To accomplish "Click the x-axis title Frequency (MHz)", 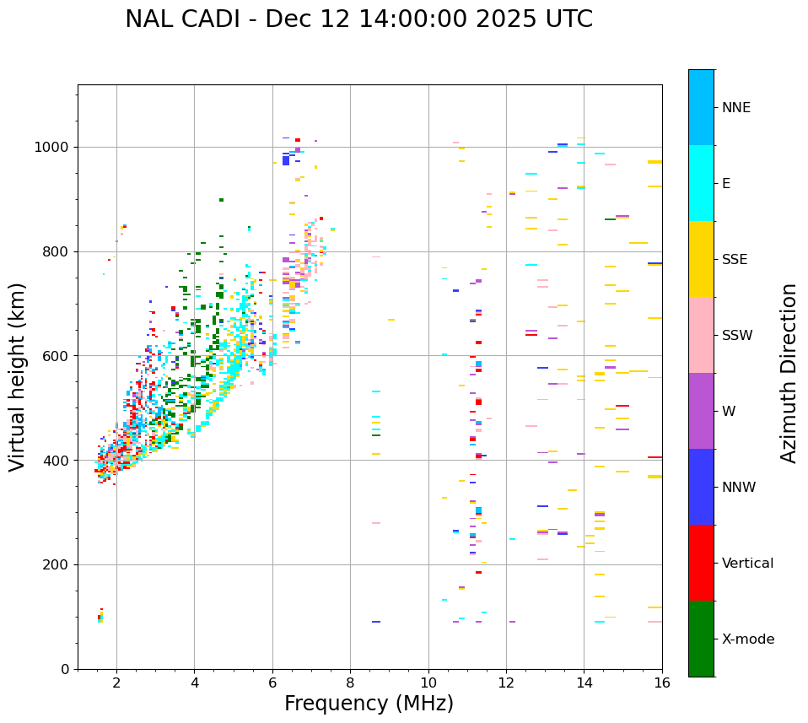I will click(x=369, y=704).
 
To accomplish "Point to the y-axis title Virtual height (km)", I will click(x=18, y=376).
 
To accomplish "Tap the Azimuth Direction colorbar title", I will click(x=789, y=373).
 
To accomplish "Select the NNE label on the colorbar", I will click(x=735, y=108).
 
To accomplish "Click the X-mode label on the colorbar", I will click(x=747, y=639).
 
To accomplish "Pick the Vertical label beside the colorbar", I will click(x=747, y=564).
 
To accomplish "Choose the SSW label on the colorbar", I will click(x=737, y=336).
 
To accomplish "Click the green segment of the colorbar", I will click(x=701, y=639).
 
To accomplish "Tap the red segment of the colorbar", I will click(x=701, y=563).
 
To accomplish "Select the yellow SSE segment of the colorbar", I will click(x=701, y=259).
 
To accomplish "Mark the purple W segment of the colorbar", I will click(x=701, y=411).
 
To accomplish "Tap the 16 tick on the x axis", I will click(x=662, y=683).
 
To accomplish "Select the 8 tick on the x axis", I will click(x=350, y=683).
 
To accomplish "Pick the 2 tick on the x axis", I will click(x=116, y=683).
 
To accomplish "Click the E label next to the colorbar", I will click(x=726, y=184).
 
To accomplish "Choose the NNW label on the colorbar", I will click(x=738, y=488).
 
